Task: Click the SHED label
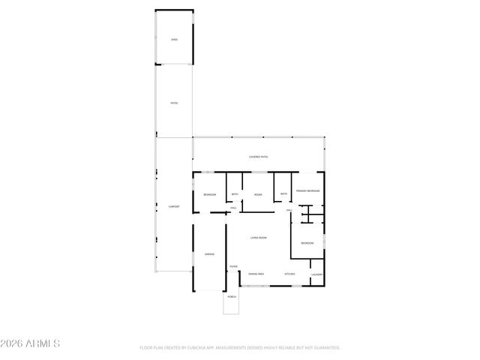174,39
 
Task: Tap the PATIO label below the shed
174,103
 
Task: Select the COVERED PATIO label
259,157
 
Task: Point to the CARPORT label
174,206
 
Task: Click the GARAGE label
210,254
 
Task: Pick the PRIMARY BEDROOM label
308,191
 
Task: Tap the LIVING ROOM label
259,238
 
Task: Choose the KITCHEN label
289,274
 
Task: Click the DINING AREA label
256,274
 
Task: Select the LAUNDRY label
316,274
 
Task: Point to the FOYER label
233,266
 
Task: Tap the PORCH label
232,297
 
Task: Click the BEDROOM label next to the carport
209,195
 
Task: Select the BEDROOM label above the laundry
307,243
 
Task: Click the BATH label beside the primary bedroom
283,194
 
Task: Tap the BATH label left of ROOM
235,194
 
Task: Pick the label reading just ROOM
258,195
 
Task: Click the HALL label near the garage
233,208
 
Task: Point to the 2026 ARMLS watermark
31,343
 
